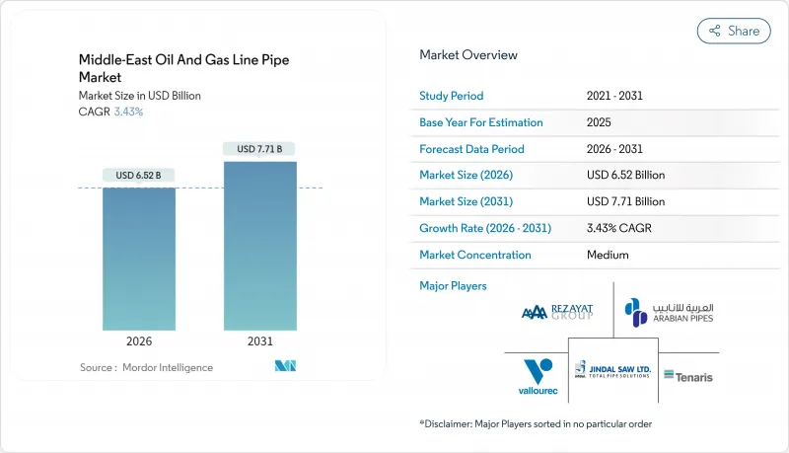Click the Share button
click(x=734, y=31)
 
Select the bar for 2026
click(x=139, y=259)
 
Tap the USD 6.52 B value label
click(x=139, y=176)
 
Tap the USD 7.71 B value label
click(x=259, y=149)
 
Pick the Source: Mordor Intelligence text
click(x=146, y=367)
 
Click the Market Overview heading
click(x=468, y=55)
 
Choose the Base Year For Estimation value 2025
click(x=600, y=123)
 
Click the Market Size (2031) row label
click(x=472, y=201)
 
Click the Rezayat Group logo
click(x=557, y=312)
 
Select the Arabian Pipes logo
click(x=669, y=312)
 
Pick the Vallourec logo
click(x=538, y=376)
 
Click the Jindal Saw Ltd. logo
click(x=612, y=372)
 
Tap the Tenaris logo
click(x=688, y=376)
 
